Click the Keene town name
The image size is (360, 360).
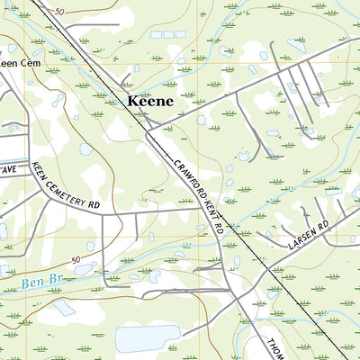coord(149,102)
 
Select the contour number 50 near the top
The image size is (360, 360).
coord(59,12)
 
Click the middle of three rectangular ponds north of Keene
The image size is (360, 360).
coord(168,34)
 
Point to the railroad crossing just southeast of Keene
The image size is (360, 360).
coord(148,127)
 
